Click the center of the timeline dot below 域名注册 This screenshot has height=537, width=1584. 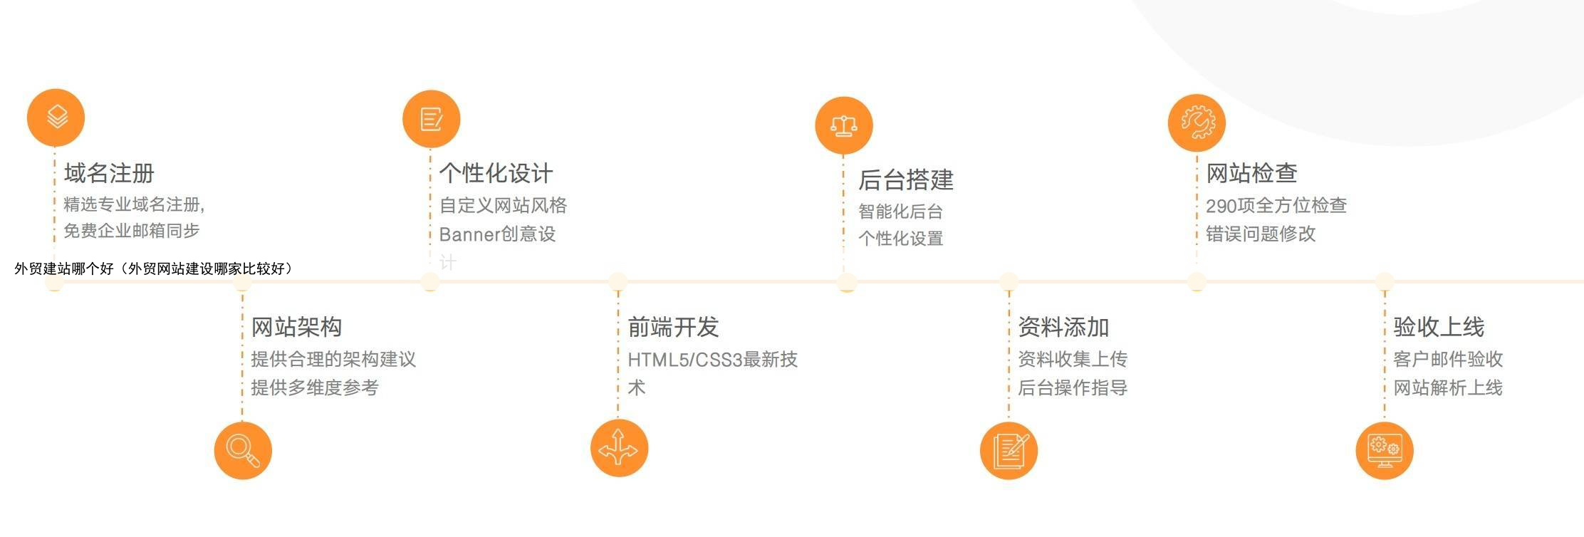click(54, 282)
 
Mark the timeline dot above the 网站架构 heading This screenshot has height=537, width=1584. click(242, 282)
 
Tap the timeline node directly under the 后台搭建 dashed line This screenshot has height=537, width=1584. click(846, 282)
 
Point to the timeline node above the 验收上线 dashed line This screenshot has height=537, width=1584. click(1384, 282)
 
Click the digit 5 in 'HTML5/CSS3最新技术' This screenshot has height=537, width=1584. click(683, 360)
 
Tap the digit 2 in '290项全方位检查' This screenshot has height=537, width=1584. click(1212, 206)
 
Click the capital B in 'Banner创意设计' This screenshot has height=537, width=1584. click(446, 234)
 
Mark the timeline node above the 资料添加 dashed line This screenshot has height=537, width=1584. click(1009, 282)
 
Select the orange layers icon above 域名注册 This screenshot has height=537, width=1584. click(56, 118)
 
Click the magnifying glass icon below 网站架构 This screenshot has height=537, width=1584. click(243, 450)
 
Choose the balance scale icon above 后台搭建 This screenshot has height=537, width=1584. click(844, 125)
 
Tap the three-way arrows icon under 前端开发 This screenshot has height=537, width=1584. click(619, 448)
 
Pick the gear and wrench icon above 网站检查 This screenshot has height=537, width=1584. click(1197, 122)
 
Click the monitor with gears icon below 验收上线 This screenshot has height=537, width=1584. click(1385, 450)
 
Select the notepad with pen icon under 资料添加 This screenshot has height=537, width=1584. click(1009, 450)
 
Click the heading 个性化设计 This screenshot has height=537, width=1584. click(496, 173)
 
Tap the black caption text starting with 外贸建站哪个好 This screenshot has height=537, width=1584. click(154, 268)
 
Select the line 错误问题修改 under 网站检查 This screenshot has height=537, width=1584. click(1261, 234)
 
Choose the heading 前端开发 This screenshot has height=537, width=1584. click(673, 327)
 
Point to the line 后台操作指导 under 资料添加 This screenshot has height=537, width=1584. click(1073, 388)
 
